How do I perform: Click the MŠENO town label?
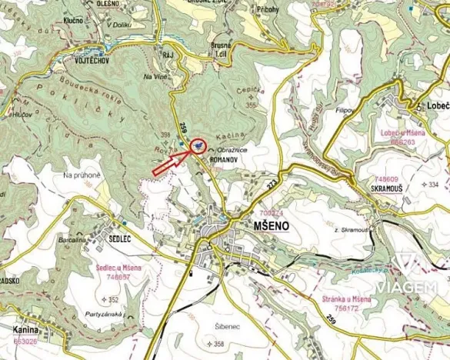272,225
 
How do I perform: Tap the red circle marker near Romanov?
197,145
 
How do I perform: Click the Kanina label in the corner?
27,330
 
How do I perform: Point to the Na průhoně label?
82,175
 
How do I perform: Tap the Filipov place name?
343,112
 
